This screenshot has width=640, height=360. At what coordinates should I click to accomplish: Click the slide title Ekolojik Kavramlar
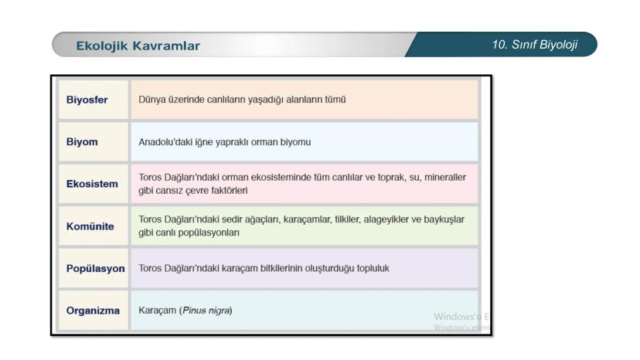[138, 46]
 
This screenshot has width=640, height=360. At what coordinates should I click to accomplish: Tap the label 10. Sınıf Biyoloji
[534, 45]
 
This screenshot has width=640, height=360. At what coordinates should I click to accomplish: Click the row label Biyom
[80, 142]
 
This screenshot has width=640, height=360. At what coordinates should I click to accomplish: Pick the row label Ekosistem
[91, 184]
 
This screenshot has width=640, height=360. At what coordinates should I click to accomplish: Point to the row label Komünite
[90, 226]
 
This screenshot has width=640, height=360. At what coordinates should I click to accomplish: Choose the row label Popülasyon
[95, 269]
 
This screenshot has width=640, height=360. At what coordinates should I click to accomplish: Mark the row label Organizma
[93, 311]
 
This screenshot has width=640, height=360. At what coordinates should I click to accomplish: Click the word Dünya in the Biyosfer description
[151, 100]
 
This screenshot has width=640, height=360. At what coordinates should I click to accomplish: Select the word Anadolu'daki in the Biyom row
[165, 142]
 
